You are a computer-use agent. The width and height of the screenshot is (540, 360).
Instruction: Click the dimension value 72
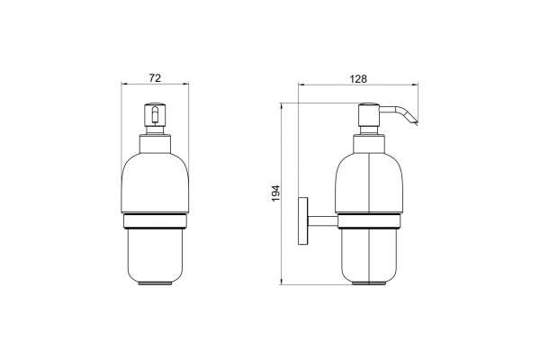click(155, 78)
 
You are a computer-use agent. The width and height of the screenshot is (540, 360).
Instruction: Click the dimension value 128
click(358, 79)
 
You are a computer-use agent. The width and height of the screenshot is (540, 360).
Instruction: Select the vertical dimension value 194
click(276, 193)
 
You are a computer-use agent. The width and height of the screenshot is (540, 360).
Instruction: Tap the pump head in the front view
click(155, 114)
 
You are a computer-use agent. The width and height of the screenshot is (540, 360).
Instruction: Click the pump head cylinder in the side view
click(369, 115)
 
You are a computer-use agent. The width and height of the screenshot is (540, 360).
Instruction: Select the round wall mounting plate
click(302, 220)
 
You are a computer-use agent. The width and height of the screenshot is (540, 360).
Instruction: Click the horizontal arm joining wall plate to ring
click(322, 221)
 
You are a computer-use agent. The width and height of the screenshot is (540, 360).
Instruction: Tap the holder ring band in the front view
click(155, 221)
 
